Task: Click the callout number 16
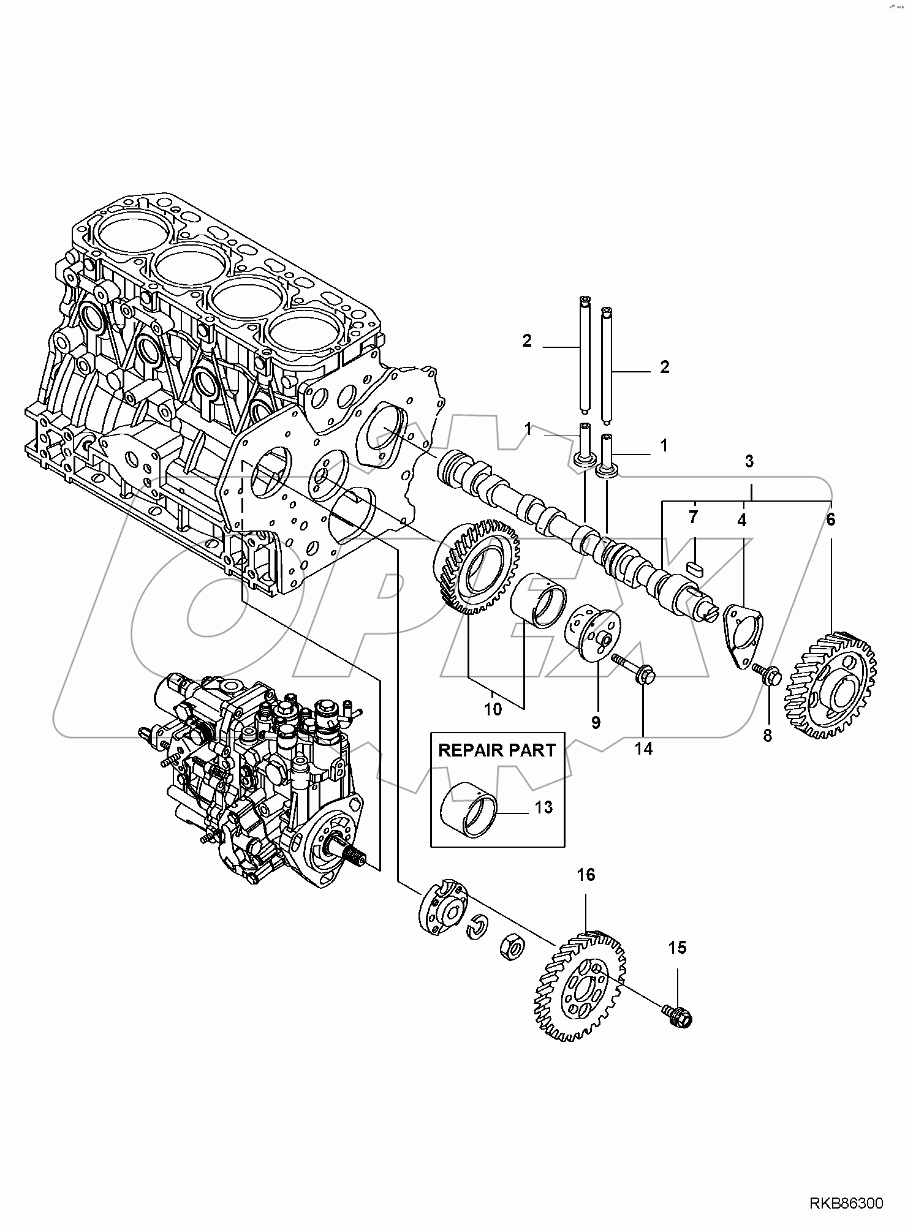(586, 875)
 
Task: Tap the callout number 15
(676, 948)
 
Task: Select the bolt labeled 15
(678, 1016)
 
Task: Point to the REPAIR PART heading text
(497, 750)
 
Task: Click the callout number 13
(543, 807)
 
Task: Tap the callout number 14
(643, 748)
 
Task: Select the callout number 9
(596, 722)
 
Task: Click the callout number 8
(767, 735)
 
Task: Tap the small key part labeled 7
(694, 565)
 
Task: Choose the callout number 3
(749, 461)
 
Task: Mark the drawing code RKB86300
(846, 1205)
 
